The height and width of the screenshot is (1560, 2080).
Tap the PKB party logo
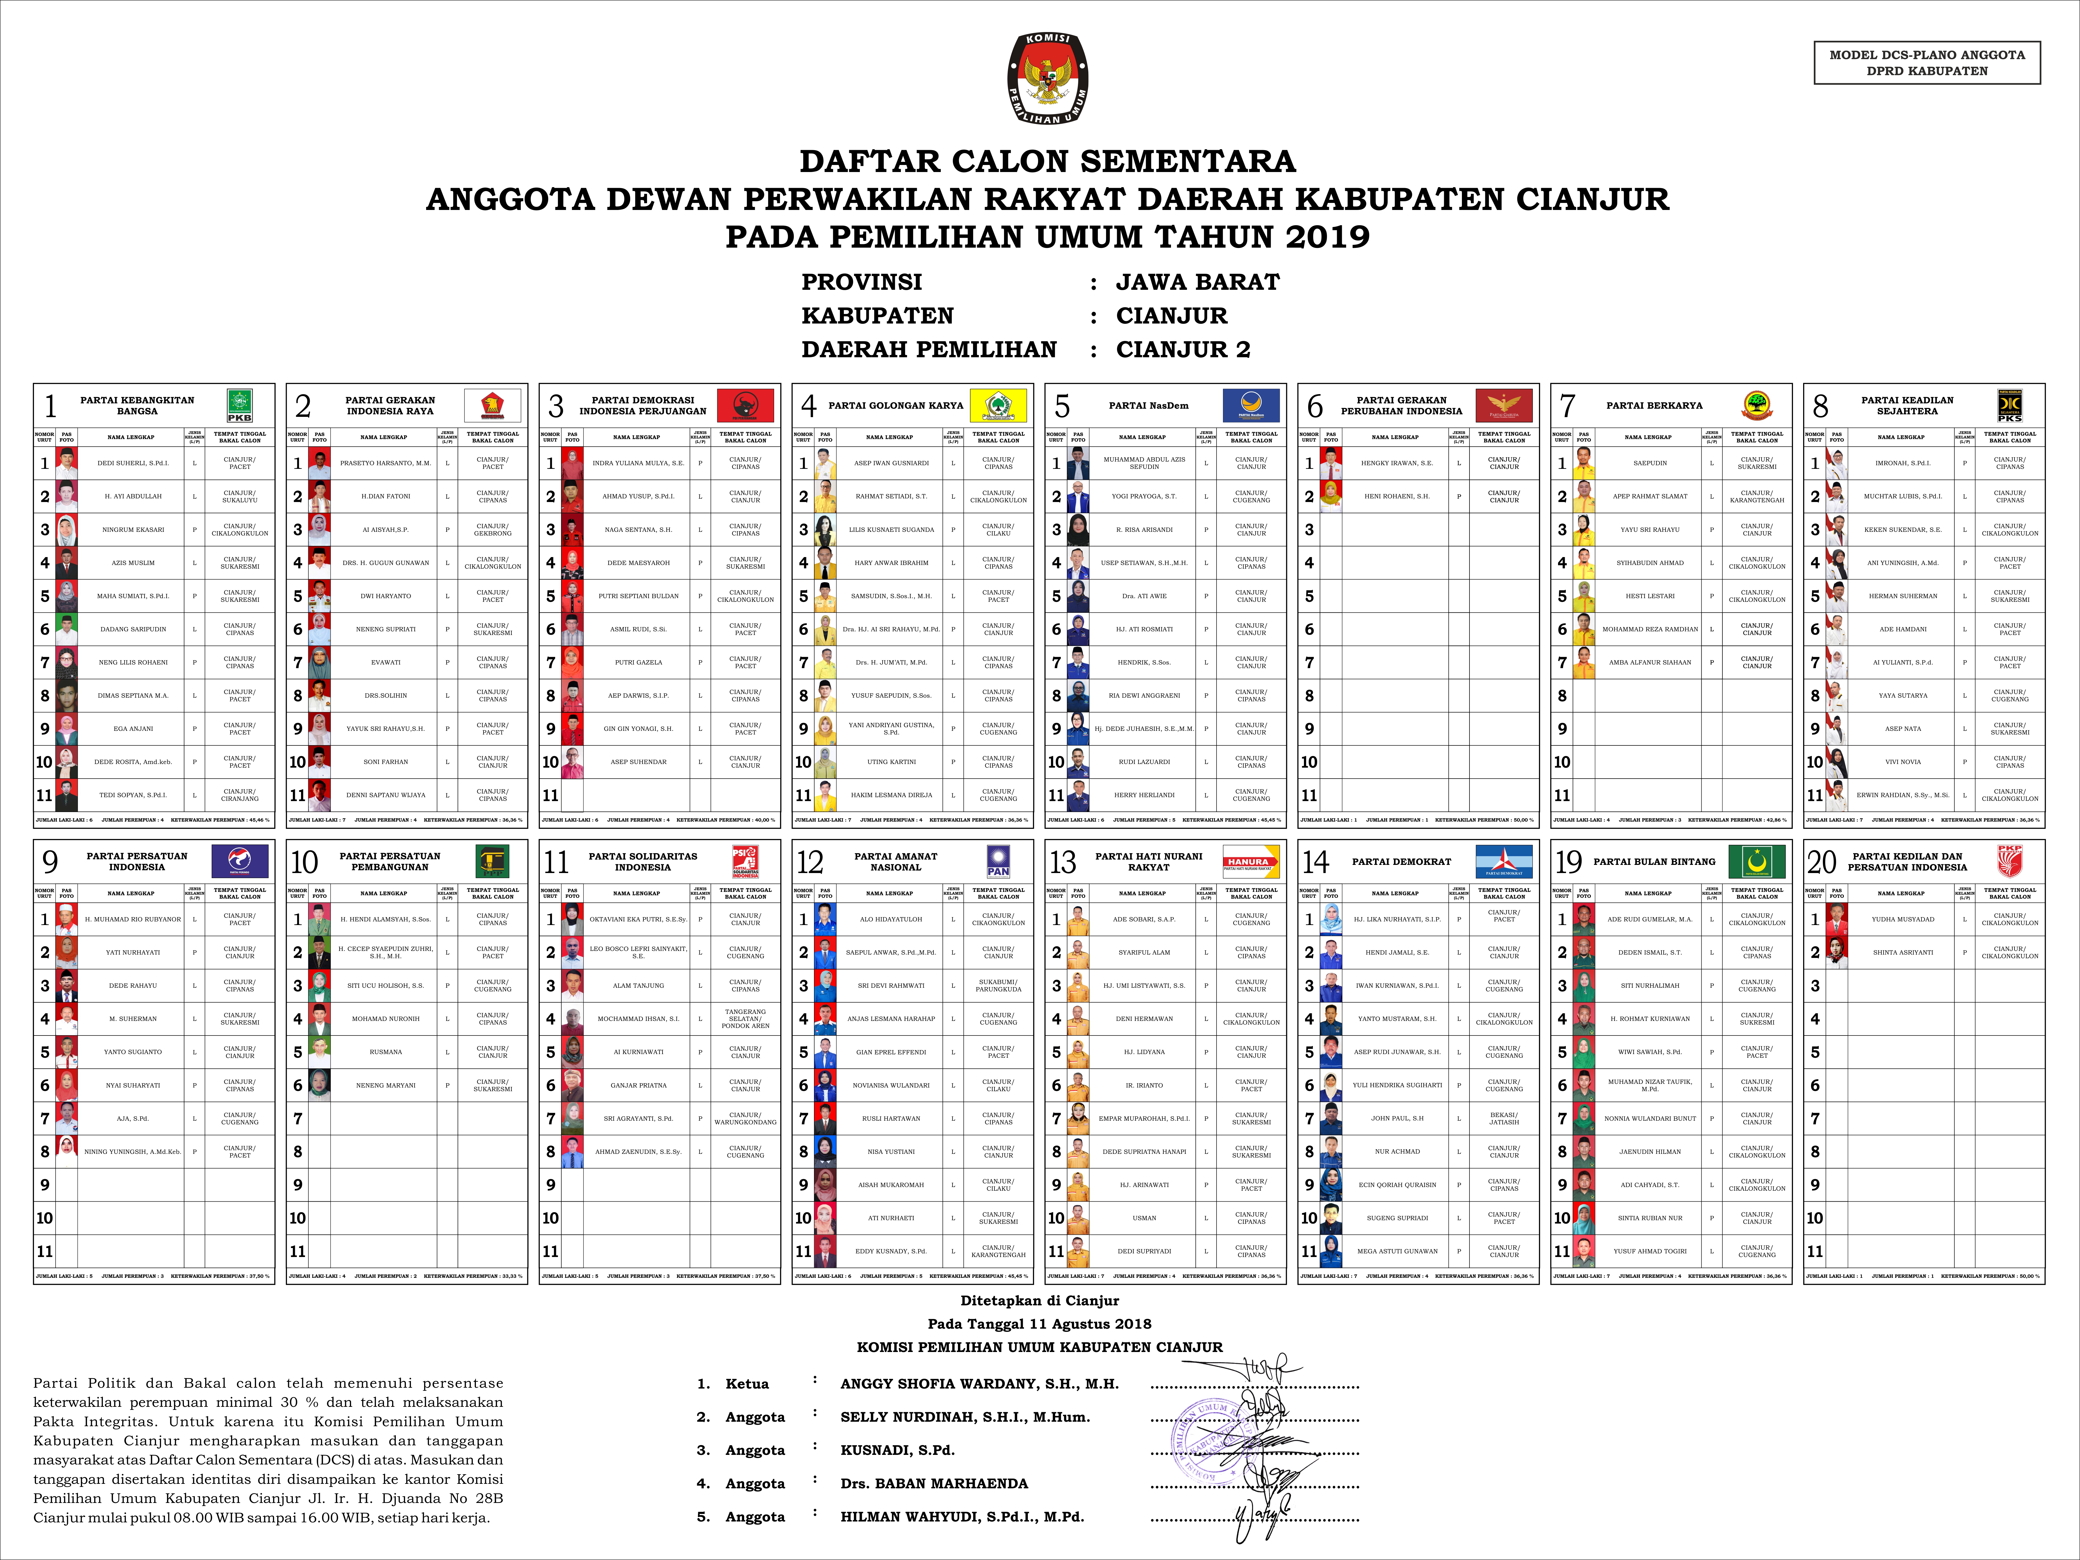(x=240, y=405)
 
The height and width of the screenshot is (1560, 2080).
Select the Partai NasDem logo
(x=1251, y=405)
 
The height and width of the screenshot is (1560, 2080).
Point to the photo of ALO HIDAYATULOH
(x=826, y=919)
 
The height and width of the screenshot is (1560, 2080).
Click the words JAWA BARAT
(x=1197, y=282)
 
